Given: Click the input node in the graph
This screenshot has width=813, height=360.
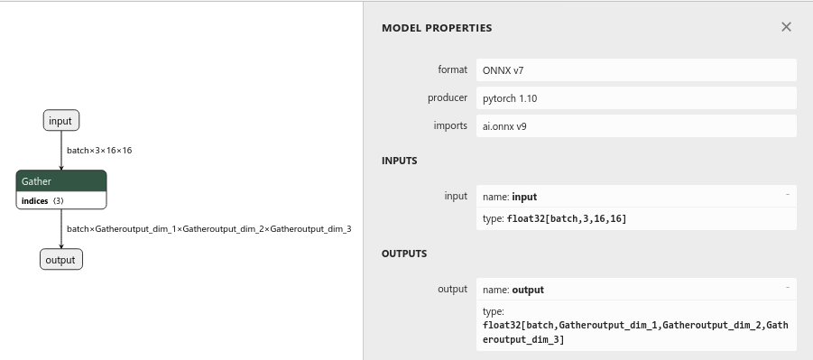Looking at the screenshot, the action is click(60, 121).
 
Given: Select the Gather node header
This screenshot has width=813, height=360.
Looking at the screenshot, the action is click(61, 181).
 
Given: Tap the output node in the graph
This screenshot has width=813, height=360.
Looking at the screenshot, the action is click(61, 260).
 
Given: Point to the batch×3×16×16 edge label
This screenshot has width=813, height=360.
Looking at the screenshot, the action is click(99, 151).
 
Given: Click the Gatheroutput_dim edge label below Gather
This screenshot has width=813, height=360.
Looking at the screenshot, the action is click(208, 229).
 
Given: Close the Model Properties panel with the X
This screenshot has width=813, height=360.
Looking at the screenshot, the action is click(786, 27).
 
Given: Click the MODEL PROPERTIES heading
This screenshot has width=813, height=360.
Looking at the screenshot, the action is click(437, 28).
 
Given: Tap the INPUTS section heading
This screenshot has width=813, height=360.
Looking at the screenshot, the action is click(399, 161).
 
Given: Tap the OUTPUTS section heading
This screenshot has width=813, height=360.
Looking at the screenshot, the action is click(404, 254).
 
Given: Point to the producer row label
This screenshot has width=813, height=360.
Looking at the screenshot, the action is click(448, 97).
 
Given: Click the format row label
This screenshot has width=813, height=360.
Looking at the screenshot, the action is click(452, 69).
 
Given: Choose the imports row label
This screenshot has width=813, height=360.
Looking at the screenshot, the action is click(450, 125).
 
